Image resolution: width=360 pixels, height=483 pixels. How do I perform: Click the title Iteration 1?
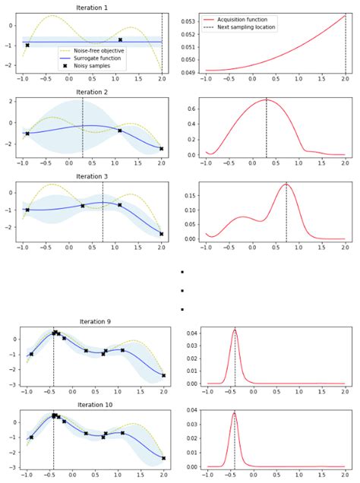coord(92,7)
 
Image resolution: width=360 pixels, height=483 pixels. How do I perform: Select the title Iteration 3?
coord(92,176)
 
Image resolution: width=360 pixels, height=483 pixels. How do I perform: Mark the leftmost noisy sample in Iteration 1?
coord(27,45)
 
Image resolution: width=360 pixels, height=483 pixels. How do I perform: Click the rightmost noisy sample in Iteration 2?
coord(161,149)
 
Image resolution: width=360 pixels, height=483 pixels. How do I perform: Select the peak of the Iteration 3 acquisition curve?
coord(286,185)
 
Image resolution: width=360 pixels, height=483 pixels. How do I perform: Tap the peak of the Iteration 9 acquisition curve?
coord(235,330)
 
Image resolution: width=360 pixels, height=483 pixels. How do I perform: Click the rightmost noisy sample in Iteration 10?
coord(163,458)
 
